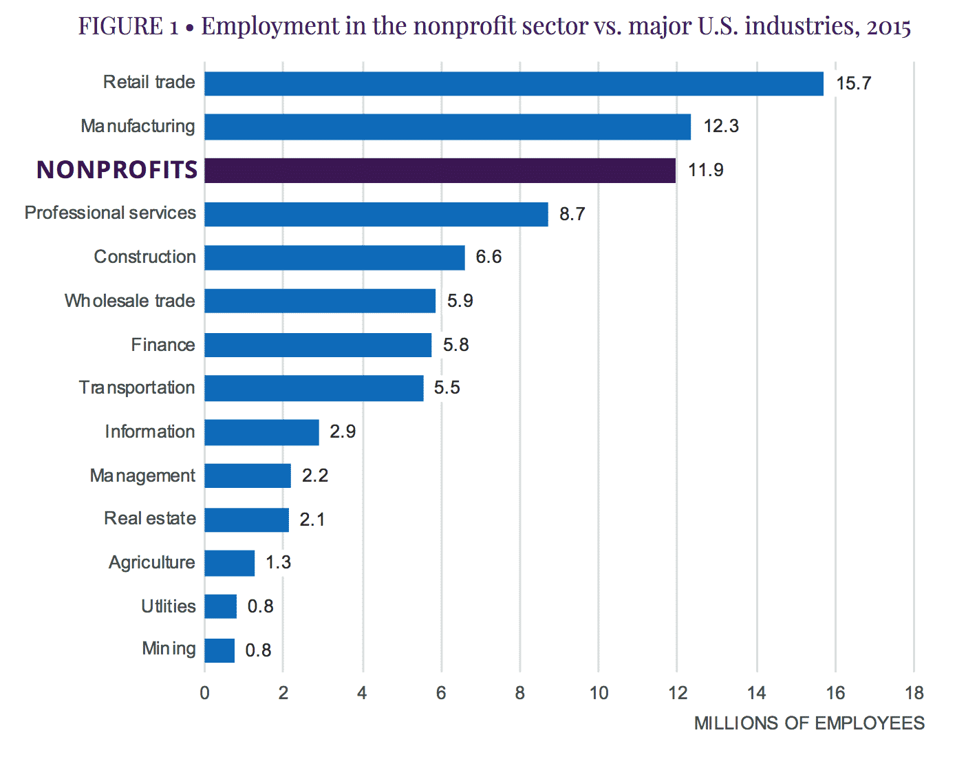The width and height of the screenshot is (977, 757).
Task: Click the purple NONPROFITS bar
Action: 440,170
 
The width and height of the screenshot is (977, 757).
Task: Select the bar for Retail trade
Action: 514,83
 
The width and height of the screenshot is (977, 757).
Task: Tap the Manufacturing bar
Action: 447,127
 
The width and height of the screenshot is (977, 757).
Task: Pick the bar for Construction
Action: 334,257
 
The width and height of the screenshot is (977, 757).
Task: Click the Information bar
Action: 261,432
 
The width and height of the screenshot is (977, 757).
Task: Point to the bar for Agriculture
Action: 230,563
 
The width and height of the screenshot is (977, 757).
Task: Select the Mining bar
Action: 219,650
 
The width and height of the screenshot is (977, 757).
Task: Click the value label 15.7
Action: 853,83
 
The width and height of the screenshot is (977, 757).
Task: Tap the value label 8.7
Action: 572,214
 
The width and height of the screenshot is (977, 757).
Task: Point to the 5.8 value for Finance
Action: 455,345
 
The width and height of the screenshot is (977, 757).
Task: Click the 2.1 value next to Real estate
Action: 312,520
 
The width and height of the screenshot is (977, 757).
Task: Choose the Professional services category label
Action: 110,213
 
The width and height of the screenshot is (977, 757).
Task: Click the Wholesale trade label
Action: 129,301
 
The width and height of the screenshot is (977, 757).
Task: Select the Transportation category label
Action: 137,388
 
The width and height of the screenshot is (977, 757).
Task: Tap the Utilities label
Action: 169,606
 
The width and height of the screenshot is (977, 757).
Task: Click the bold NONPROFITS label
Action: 117,170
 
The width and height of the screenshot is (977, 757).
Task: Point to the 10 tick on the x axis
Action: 599,693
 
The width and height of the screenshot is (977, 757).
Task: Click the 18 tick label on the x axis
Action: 914,693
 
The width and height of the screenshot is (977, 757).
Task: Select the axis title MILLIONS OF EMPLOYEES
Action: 809,723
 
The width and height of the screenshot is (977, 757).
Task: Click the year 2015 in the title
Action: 889,27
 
